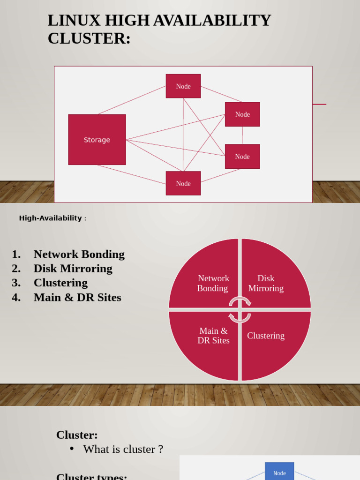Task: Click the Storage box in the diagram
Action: (x=97, y=140)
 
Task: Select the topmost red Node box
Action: (x=183, y=86)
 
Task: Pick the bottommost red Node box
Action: (x=183, y=183)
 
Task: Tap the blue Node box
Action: (x=279, y=472)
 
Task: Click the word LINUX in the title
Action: (x=74, y=21)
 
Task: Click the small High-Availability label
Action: (x=51, y=218)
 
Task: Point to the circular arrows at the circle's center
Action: (x=240, y=309)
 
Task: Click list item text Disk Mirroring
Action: (x=73, y=269)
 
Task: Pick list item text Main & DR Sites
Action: (x=77, y=298)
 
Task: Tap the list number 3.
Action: (x=16, y=283)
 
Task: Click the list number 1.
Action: (x=16, y=255)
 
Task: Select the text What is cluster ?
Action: (x=123, y=449)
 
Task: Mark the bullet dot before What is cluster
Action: (x=72, y=449)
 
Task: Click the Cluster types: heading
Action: (x=91, y=476)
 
